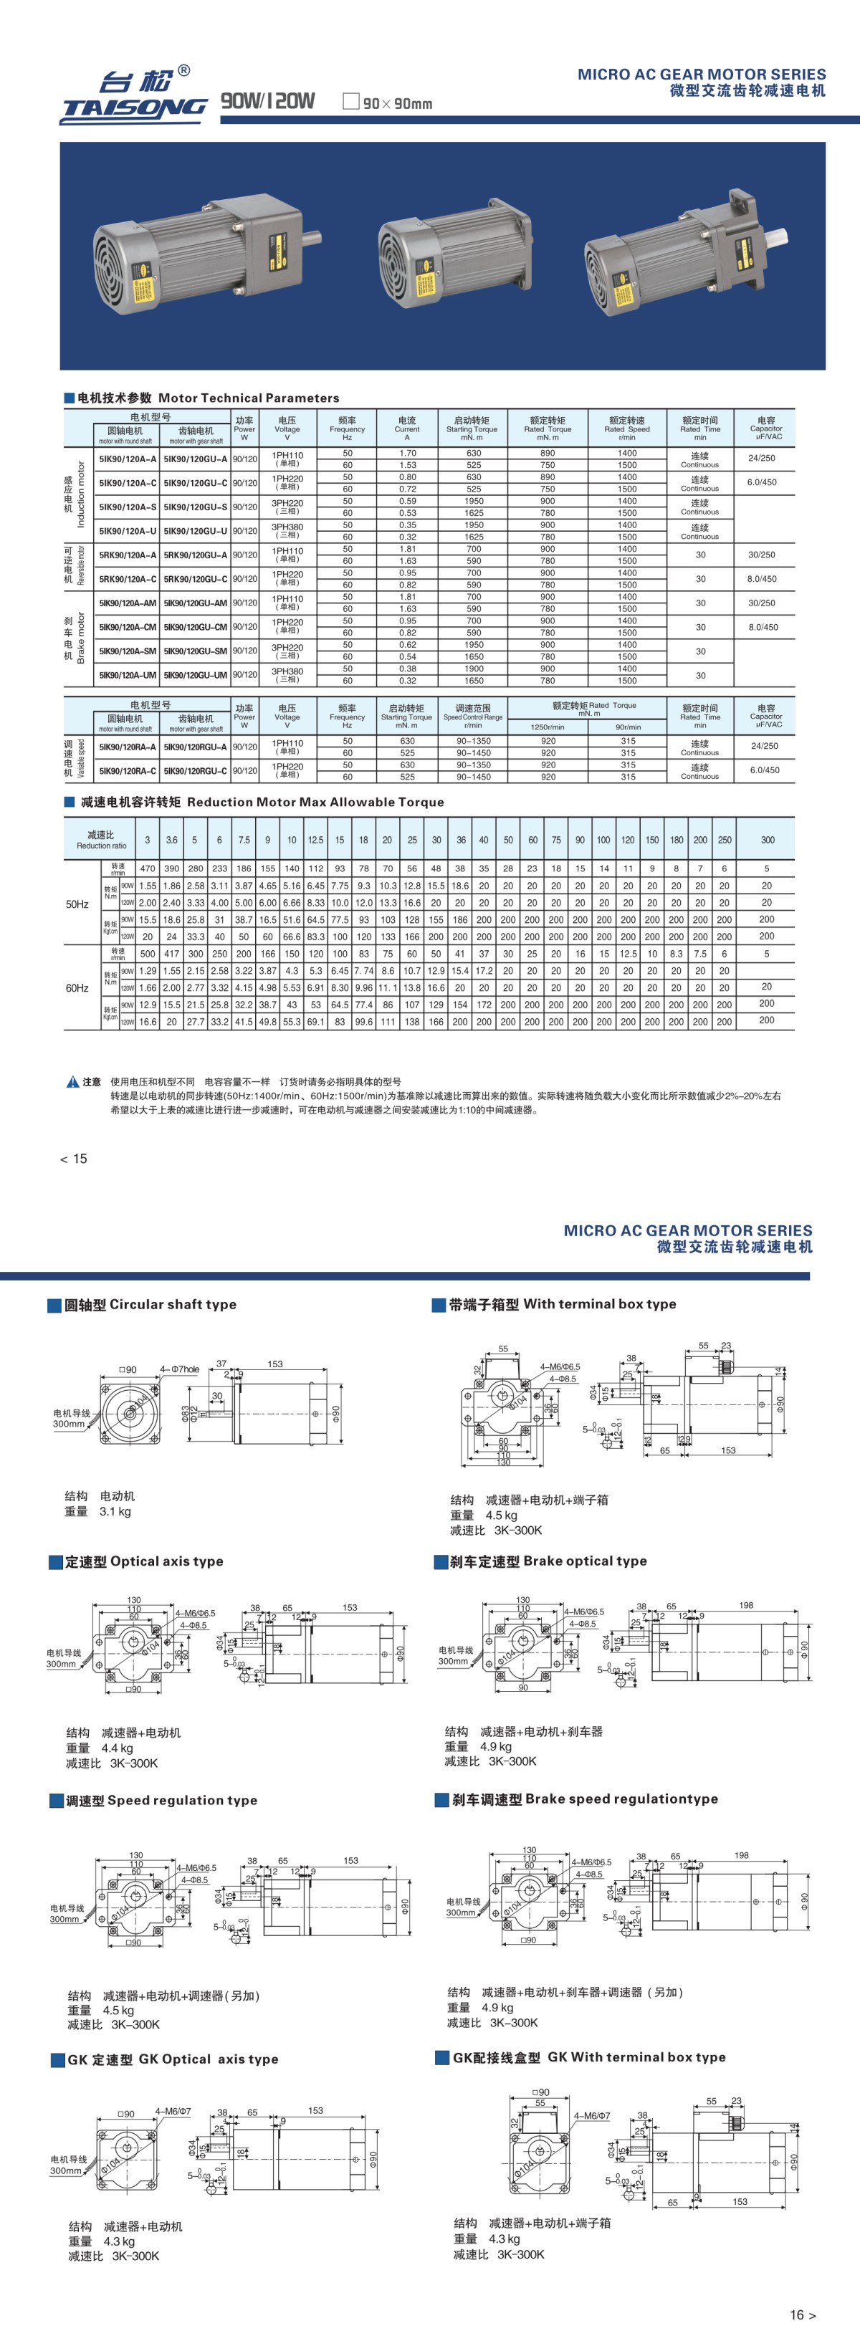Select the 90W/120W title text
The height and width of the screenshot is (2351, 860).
point(267,101)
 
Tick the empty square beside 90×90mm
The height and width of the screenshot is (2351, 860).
point(350,101)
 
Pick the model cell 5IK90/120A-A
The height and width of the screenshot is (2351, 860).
point(127,459)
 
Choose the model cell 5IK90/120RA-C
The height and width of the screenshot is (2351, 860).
point(127,771)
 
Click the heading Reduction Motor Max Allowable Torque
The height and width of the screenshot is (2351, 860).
point(262,803)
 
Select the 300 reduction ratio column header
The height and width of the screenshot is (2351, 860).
point(767,840)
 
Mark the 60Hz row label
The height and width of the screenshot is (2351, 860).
point(77,988)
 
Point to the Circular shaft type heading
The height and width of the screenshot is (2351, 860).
point(150,1304)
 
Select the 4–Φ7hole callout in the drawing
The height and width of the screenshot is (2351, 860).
point(180,1369)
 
